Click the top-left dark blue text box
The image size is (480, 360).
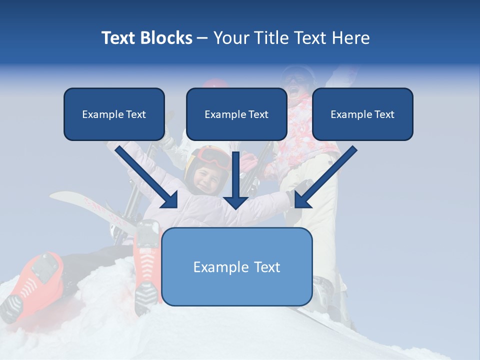[x=114, y=114]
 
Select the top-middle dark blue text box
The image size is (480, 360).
[x=236, y=114]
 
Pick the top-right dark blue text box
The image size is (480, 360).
[x=362, y=114]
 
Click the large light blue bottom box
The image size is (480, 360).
[x=236, y=266]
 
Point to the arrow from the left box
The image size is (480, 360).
[x=147, y=177]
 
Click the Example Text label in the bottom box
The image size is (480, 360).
[x=236, y=267]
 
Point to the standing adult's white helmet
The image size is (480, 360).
[x=298, y=74]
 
